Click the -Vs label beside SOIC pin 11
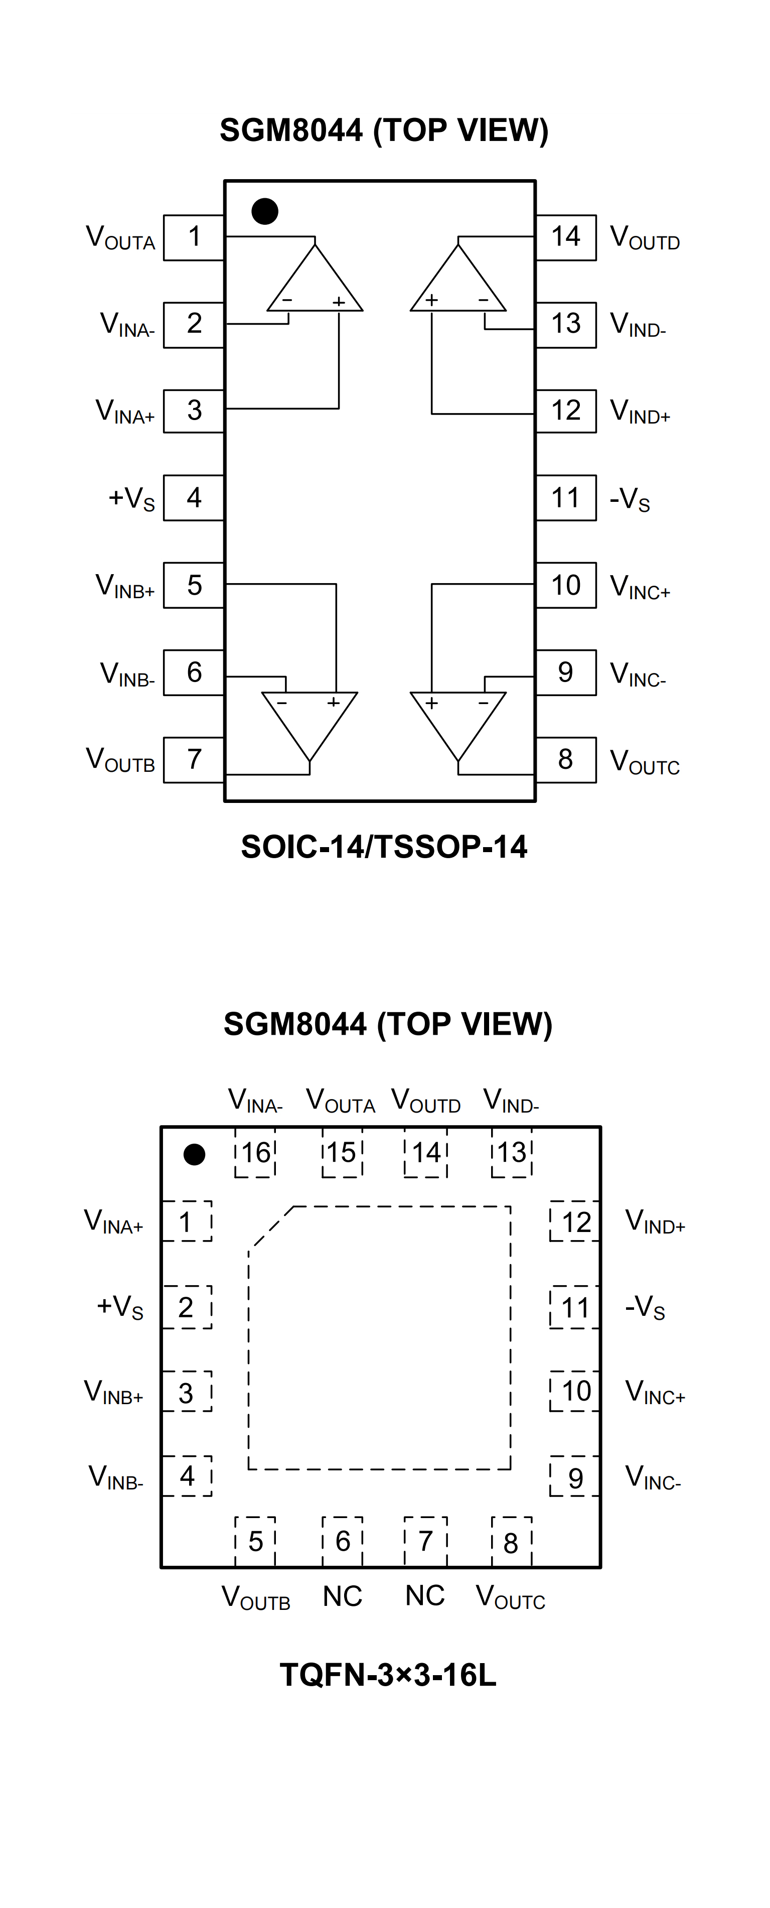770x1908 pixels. [630, 499]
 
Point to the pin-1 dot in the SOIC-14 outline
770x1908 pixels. [264, 211]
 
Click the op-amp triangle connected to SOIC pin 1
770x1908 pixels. [315, 285]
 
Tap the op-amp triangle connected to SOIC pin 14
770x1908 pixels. [458, 285]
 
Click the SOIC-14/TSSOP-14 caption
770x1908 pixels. [384, 847]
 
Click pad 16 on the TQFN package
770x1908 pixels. [255, 1153]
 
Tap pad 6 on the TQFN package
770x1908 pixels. [342, 1541]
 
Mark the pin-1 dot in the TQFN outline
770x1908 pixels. [194, 1154]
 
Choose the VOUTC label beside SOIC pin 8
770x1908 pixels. [644, 761]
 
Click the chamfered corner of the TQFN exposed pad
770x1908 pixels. [271, 1226]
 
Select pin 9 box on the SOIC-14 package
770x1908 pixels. [566, 672]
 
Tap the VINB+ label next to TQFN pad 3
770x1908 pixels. [113, 1393]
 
